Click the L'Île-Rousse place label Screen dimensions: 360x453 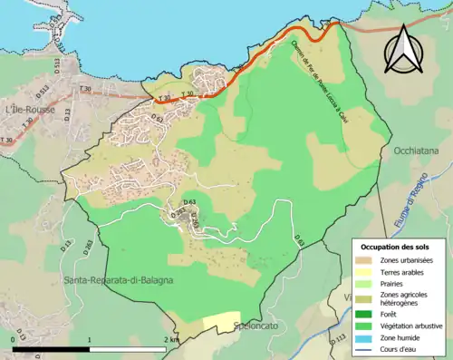point(30,110)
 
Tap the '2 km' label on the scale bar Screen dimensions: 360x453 point(172,339)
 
